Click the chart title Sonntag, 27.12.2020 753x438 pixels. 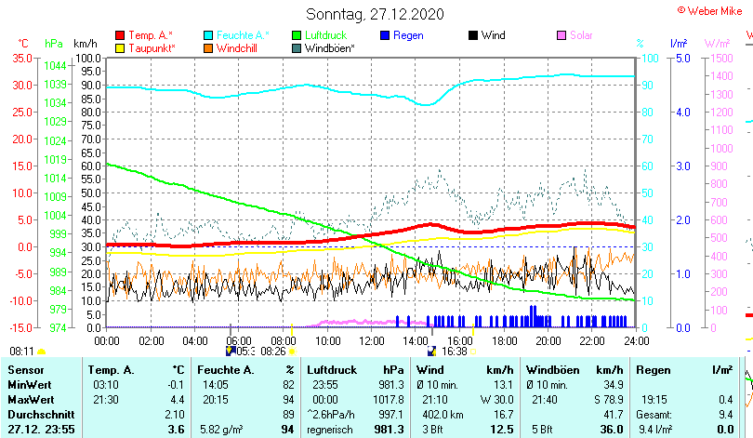[x=376, y=14]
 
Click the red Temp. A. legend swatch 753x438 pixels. [x=120, y=35]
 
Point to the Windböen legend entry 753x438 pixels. [x=329, y=47]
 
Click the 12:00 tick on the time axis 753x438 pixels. [x=371, y=339]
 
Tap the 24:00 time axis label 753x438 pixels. [x=635, y=339]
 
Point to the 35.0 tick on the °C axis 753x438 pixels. [x=21, y=58]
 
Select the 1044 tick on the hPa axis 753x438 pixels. [x=55, y=66]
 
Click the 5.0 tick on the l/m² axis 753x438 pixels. [x=680, y=58]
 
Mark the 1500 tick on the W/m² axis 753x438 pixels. [x=720, y=58]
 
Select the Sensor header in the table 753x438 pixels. [x=26, y=370]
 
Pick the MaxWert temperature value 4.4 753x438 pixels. [x=177, y=399]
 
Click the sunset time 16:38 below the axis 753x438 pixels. [x=454, y=352]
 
